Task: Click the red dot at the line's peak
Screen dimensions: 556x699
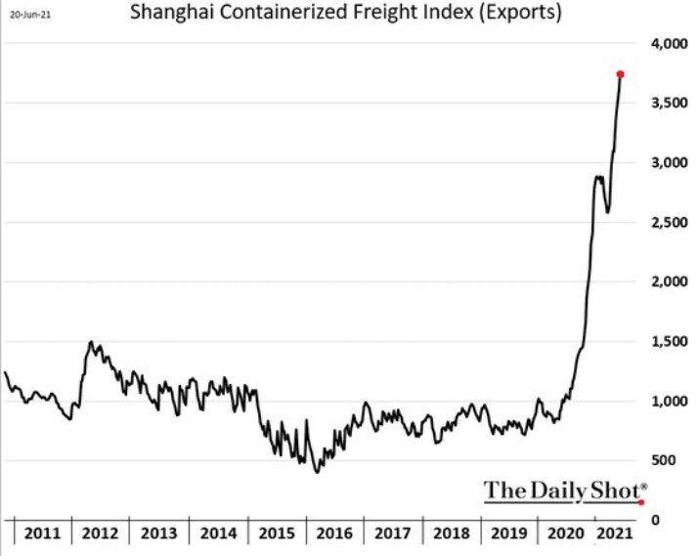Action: tap(621, 74)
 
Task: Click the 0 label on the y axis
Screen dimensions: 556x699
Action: tap(654, 519)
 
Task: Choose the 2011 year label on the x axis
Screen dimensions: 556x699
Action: tap(42, 534)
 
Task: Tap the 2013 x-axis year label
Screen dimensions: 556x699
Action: tap(159, 534)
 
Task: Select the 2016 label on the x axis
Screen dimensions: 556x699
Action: tap(334, 534)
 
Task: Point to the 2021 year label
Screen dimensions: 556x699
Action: tap(612, 534)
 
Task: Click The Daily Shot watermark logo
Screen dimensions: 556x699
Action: tap(564, 490)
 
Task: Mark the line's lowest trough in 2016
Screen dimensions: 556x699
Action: tap(317, 473)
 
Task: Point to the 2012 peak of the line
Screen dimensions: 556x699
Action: tap(92, 342)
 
